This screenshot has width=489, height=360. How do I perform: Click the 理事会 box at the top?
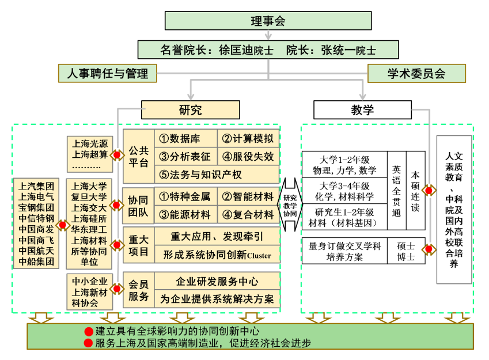coord(268,21)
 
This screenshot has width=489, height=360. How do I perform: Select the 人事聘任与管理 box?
coord(108,73)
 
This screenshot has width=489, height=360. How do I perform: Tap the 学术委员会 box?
coord(416,73)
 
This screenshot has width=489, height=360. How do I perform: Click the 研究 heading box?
coord(190,110)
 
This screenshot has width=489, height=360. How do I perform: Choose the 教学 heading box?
coord(362,110)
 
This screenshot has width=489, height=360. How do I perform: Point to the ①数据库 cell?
coord(186,138)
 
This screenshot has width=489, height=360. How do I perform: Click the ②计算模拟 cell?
coord(248,138)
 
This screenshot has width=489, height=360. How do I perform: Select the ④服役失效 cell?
coord(248,156)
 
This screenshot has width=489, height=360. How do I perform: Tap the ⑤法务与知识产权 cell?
coord(217,174)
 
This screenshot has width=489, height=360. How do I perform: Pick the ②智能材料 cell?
coord(248,197)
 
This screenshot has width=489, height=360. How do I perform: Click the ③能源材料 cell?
coord(186,215)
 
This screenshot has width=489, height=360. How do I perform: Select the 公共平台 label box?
coord(138,156)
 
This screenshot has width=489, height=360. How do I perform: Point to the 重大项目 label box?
coord(138,245)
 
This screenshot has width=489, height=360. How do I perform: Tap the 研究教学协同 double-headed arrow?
coord(290,206)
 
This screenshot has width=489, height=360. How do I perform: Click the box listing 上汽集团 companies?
coord(37,223)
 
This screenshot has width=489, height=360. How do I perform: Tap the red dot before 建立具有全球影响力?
coord(89,331)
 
